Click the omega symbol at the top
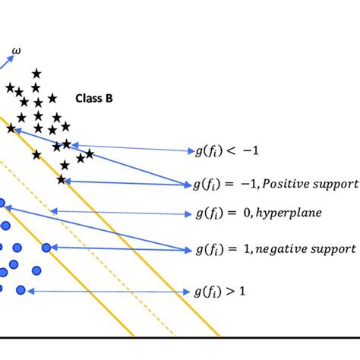coord(17,52)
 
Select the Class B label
coord(93,98)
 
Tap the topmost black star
coord(36,74)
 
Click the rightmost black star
coord(90,154)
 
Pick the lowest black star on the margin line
coord(62,180)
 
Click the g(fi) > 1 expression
coord(220,291)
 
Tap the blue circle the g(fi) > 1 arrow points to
coord(21,290)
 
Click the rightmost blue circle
coord(46,248)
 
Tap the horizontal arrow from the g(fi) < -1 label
coord(129,147)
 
